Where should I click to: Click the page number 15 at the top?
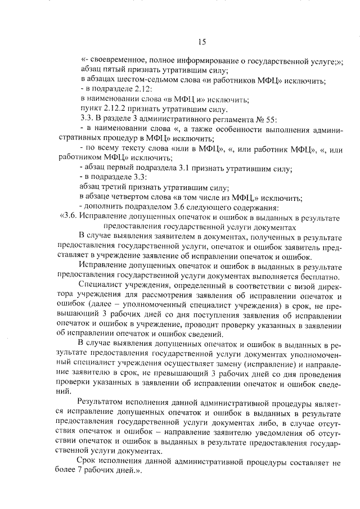(202, 41)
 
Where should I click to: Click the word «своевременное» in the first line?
(116, 62)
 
